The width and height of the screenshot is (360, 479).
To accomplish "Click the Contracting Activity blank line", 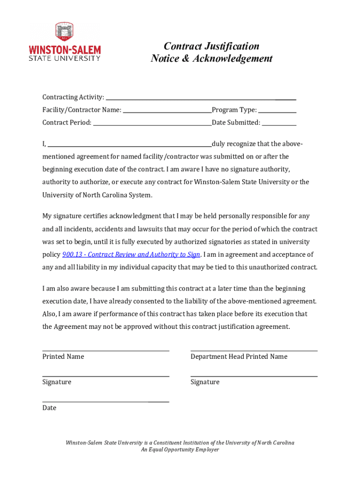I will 201,98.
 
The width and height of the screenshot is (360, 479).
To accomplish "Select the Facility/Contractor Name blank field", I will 167,111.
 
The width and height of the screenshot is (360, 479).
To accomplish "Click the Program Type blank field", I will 277,111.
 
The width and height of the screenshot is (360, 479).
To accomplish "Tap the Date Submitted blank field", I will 279,124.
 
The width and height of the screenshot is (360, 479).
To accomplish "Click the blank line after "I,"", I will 130,145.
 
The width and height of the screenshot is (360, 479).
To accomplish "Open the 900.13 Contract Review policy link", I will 131,254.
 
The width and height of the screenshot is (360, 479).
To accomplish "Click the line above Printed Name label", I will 106,350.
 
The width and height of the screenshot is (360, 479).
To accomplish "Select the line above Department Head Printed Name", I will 254,350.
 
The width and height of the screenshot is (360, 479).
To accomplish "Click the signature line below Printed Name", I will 106,376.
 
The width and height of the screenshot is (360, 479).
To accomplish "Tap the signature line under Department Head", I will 254,376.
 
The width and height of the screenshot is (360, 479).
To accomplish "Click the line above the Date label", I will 106,401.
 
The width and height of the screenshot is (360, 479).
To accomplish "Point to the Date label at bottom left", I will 49,408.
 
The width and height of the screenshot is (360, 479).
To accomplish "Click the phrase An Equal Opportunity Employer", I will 180,450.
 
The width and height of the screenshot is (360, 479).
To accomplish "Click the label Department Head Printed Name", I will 239,356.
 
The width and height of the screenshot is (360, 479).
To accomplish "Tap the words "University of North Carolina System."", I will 97,195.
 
